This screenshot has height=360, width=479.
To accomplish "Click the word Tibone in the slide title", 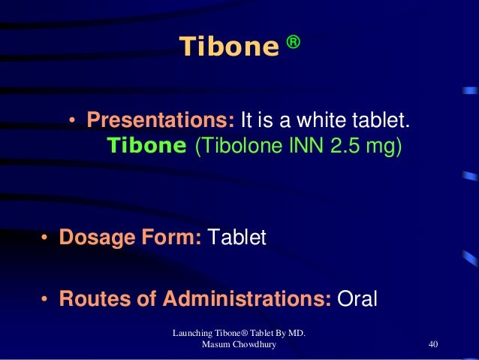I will tap(227, 48).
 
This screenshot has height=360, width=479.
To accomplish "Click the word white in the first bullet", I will tap(312, 121).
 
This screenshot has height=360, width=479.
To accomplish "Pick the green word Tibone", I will tap(146, 145).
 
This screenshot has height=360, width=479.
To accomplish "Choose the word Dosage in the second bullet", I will tap(96, 238).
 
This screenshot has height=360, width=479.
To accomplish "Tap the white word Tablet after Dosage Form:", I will tap(237, 238).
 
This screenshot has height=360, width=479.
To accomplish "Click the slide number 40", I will tap(432, 344).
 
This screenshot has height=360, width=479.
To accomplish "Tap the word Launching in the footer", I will tap(194, 332).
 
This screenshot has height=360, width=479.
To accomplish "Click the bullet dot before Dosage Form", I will tap(45, 239).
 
